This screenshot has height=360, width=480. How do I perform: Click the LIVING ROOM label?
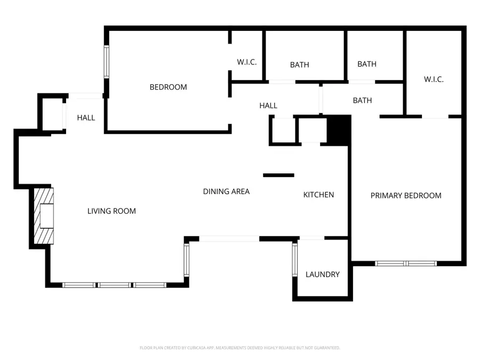click(x=111, y=211)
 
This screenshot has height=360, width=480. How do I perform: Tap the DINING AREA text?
click(x=226, y=191)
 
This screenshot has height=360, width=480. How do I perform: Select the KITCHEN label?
click(x=318, y=195)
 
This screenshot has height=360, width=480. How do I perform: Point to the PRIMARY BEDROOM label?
click(x=406, y=196)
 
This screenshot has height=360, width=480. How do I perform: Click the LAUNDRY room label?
click(x=322, y=275)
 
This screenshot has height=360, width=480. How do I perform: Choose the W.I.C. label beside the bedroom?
click(x=247, y=62)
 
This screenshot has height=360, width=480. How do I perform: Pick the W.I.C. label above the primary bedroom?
click(x=434, y=79)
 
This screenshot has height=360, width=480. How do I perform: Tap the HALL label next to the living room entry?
click(x=86, y=117)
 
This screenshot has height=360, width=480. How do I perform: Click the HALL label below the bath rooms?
click(x=268, y=106)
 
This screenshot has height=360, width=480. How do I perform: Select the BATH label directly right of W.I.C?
click(x=299, y=65)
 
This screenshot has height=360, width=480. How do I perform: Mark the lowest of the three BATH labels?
click(x=362, y=100)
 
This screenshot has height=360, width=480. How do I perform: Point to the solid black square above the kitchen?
click(x=338, y=130)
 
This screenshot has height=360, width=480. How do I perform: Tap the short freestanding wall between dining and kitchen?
click(x=278, y=175)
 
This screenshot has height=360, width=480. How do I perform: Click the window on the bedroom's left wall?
click(x=106, y=62)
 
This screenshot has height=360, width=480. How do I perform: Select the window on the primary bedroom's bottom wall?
click(x=406, y=263)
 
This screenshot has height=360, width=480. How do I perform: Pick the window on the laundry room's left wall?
click(x=294, y=260)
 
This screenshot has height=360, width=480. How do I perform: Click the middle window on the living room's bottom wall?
click(x=115, y=285)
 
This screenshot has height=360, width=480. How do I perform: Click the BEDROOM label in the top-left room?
click(x=168, y=87)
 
